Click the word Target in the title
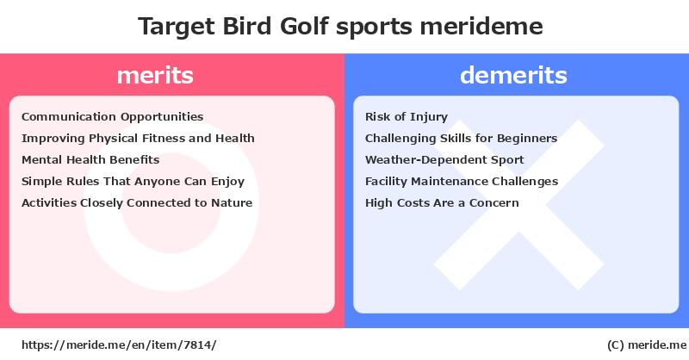177,27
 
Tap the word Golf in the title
304,26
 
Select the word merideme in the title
481,26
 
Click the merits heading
155,75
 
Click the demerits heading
513,75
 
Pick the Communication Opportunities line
113,117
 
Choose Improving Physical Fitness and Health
138,139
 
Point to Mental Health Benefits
90,159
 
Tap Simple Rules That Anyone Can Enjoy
133,182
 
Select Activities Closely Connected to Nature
137,203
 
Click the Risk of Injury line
407,117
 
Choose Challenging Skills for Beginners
461,139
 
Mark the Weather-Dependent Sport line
444,160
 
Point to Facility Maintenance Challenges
462,182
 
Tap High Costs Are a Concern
442,203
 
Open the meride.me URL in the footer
119,345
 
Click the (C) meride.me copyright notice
647,345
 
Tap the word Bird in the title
247,26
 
